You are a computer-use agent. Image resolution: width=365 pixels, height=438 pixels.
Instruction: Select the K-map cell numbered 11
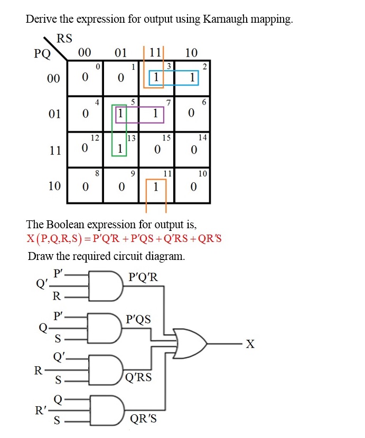coord(157,185)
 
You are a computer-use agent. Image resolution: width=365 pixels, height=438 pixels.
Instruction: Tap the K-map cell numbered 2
coord(193,77)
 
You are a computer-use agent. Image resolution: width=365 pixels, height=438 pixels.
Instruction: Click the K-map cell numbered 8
coord(85,185)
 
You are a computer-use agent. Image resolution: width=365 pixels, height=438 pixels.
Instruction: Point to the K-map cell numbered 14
coord(193,149)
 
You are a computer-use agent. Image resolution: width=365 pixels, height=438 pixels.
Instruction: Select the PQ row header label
coord(42,53)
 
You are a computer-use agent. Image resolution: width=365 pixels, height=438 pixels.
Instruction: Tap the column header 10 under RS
coord(192,53)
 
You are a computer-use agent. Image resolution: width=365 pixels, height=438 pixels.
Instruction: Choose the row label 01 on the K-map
coord(54,114)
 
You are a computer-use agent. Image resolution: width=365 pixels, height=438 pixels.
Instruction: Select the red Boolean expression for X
coord(125,239)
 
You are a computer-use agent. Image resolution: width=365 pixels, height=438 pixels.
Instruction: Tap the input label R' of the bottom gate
coord(40,409)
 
